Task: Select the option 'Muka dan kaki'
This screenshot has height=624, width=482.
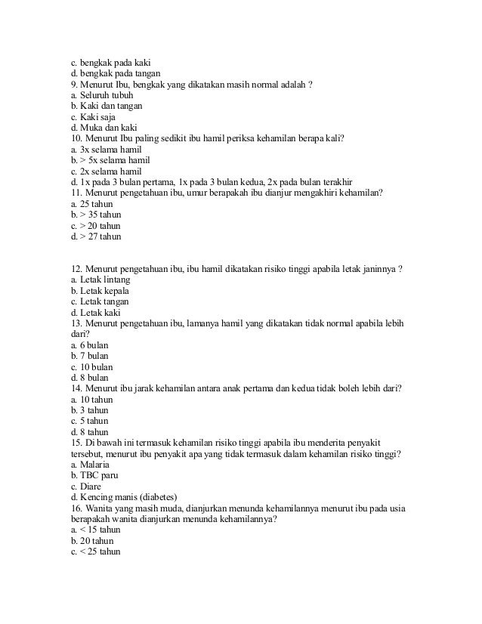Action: coord(98,128)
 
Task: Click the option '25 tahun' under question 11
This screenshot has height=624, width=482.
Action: coord(94,204)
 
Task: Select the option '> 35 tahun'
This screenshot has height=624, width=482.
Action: coord(97,215)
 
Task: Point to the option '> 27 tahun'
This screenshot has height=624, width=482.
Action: coord(97,236)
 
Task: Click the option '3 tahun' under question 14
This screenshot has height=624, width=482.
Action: coord(91,410)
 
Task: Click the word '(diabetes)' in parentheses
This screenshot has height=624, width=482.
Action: coord(154,497)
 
